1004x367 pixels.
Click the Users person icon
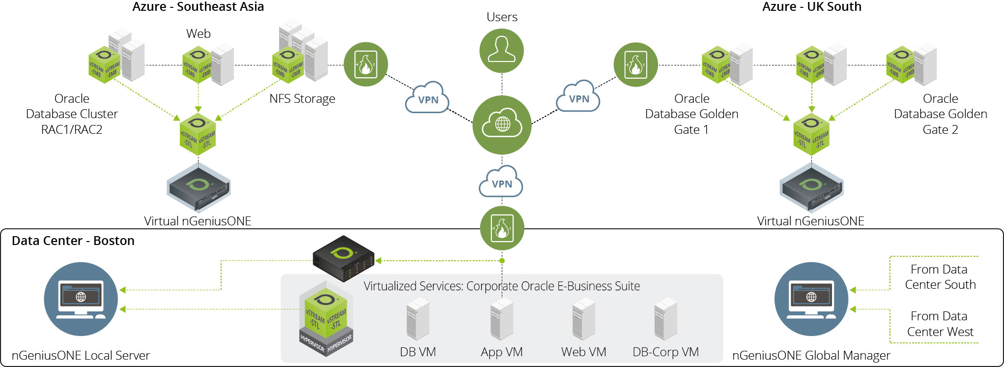click(x=502, y=51)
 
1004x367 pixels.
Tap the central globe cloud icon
click(x=502, y=125)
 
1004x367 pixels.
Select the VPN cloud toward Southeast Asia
click(x=428, y=98)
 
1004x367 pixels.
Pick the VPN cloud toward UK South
click(x=578, y=97)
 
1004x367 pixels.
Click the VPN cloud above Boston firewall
click(x=501, y=182)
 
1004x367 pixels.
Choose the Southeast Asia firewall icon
click(x=366, y=64)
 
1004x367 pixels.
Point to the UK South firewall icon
click(x=635, y=64)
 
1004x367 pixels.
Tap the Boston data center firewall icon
click(x=502, y=229)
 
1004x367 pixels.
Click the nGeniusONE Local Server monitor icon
click(x=81, y=299)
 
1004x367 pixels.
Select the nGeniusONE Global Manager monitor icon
click(x=811, y=299)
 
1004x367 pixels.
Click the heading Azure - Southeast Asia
click(x=198, y=7)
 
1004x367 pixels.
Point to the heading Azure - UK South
click(x=811, y=7)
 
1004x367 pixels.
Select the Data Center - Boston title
click(x=73, y=241)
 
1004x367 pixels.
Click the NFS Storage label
click(x=302, y=99)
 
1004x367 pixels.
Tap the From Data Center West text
click(x=940, y=324)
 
